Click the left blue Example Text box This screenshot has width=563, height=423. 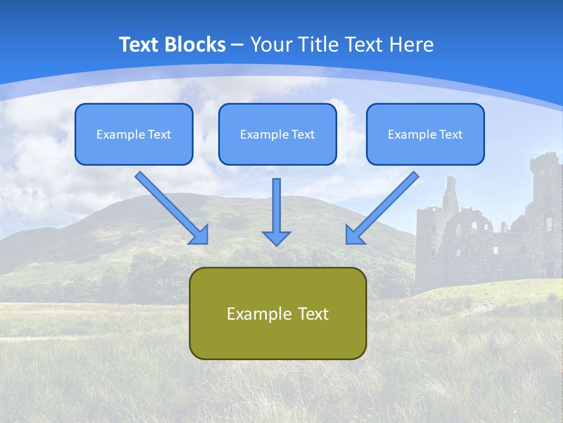(x=134, y=134)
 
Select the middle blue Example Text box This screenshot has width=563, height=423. (x=277, y=134)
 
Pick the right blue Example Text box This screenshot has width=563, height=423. (x=425, y=134)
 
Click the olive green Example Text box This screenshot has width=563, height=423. (x=277, y=313)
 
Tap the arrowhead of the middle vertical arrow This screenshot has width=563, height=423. (x=276, y=237)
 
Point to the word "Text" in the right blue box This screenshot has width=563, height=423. (x=450, y=135)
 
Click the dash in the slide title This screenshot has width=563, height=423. (x=238, y=45)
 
